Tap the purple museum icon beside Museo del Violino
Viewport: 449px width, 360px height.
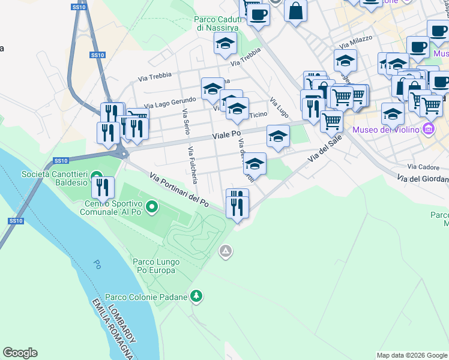click(428, 129)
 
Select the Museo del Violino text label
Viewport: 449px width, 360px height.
click(386, 130)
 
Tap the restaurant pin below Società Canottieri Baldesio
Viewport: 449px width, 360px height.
click(103, 187)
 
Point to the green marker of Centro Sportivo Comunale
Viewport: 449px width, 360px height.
click(152, 208)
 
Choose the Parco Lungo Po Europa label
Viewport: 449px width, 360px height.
click(154, 266)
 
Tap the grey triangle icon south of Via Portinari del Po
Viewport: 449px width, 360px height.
click(225, 251)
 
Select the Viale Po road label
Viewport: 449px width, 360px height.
click(226, 136)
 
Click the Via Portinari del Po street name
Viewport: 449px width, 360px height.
click(179, 189)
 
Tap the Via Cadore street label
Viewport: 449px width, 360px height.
click(420, 167)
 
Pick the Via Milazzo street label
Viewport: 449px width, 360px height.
click(355, 41)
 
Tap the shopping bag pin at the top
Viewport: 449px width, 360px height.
click(295, 11)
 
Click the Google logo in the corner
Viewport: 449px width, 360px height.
click(20, 353)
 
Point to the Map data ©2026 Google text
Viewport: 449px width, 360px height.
click(411, 355)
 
